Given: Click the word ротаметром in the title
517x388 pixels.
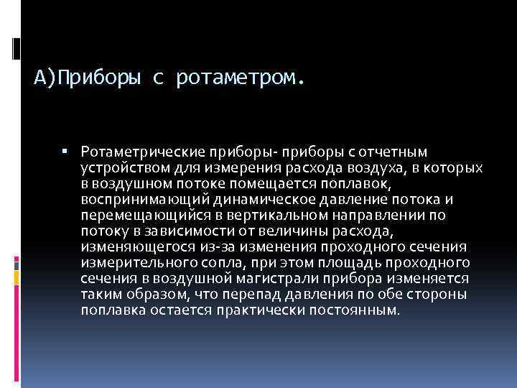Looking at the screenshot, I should tap(245, 77).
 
